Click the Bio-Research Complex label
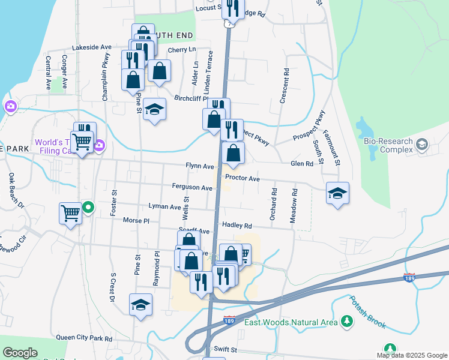click(388, 145)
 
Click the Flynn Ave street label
click(200, 166)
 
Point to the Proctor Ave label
click(242, 179)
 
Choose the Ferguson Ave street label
click(192, 188)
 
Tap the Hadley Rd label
click(237, 226)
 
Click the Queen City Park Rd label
click(84, 338)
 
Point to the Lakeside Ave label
click(92, 47)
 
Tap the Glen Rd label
click(302, 164)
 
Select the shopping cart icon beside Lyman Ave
click(70, 213)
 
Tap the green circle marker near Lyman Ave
click(88, 208)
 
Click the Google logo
click(20, 353)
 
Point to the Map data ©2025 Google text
click(412, 355)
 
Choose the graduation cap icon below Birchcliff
click(154, 110)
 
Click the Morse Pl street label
click(136, 221)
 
